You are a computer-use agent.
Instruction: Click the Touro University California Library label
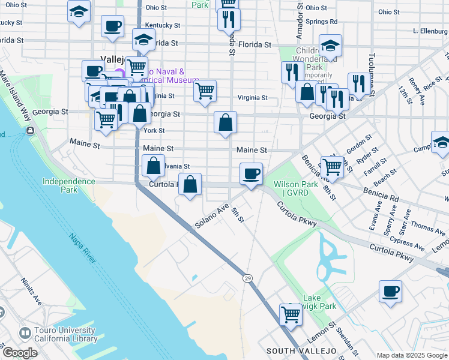click(58, 334)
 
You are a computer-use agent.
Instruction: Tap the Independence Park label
click(69, 185)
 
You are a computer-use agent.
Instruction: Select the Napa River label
click(81, 248)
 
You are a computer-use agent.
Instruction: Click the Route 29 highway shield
click(247, 278)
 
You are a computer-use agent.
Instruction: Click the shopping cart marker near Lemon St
click(291, 314)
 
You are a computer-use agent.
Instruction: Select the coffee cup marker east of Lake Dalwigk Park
click(390, 292)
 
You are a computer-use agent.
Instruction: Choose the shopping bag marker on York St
click(226, 123)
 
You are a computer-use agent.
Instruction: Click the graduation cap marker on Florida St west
click(143, 40)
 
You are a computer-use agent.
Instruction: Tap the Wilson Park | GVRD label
click(295, 188)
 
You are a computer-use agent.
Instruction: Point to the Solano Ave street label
click(212, 217)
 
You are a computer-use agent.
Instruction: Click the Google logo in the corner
click(19, 353)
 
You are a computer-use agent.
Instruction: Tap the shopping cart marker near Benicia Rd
click(331, 167)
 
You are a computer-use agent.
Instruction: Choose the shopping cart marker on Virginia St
click(205, 91)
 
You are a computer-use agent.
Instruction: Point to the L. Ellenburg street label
click(431, 31)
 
